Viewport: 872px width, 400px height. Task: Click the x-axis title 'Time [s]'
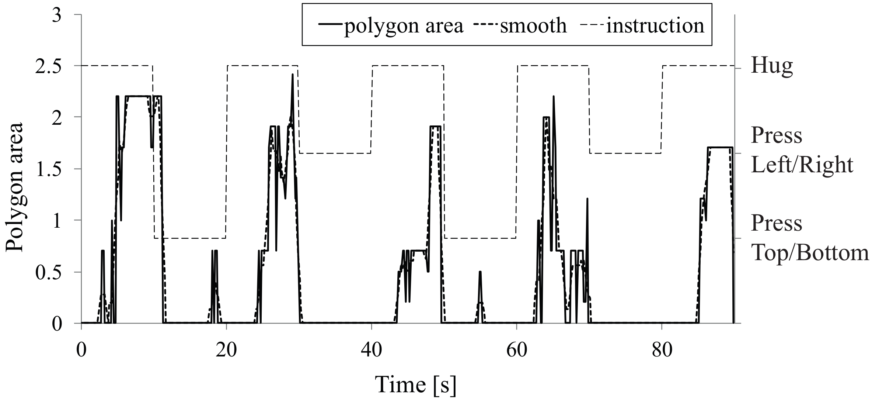pos(416,385)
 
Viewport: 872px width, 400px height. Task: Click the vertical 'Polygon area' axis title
pos(15,187)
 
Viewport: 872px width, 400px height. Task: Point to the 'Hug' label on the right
pos(772,66)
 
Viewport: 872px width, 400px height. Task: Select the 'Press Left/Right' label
pos(802,150)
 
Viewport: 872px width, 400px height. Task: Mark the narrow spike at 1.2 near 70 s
pos(587,199)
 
